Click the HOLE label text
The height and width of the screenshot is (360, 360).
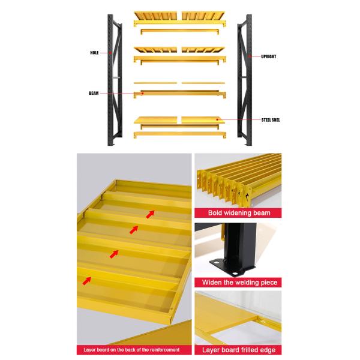[x=94, y=53]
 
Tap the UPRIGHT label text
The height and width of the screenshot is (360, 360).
[x=268, y=56]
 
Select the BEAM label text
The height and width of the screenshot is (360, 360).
[x=94, y=93]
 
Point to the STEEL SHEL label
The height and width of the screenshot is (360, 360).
[x=271, y=120]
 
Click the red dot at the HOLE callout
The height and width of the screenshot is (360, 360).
[x=110, y=53]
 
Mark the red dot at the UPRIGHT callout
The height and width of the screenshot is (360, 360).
[x=250, y=56]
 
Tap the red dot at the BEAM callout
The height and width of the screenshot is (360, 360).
[x=142, y=94]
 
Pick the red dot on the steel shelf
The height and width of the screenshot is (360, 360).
[x=217, y=119]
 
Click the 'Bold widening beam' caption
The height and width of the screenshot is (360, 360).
[x=239, y=213]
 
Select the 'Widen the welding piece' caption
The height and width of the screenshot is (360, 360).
[x=239, y=282]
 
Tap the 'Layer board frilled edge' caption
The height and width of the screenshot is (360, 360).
[x=239, y=350]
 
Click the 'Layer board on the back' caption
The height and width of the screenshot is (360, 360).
[x=131, y=350]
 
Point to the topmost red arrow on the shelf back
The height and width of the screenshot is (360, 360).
[x=151, y=214]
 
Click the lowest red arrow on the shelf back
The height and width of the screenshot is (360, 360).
[x=87, y=281]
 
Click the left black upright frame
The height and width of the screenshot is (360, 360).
[x=115, y=80]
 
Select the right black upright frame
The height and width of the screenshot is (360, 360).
[x=245, y=80]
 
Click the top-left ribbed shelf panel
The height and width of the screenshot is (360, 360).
[x=155, y=16]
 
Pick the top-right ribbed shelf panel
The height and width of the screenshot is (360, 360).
[x=203, y=16]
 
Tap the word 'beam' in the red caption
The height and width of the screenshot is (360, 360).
[x=262, y=213]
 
